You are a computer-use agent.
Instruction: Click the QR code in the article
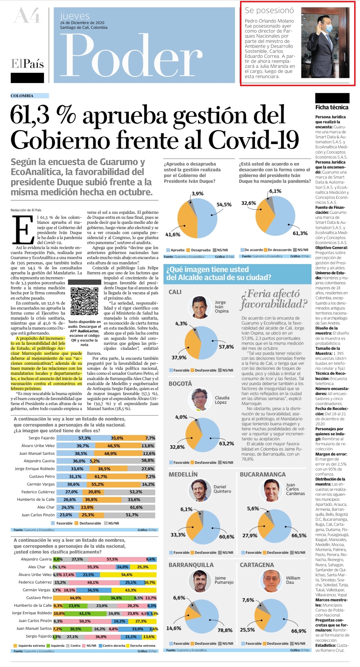[x=84, y=301]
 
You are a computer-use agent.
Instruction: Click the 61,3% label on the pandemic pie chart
[x=300, y=233]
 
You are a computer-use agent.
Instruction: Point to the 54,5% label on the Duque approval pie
[x=224, y=204]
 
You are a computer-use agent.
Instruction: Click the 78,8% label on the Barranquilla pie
[x=225, y=630]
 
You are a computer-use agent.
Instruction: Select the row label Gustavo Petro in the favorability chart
[x=42, y=476]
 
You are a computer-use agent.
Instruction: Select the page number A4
[x=27, y=16]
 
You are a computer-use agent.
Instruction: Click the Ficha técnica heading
[x=332, y=107]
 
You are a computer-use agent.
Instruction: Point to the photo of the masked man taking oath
[x=325, y=42]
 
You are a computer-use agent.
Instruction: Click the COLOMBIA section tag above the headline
[x=22, y=96]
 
